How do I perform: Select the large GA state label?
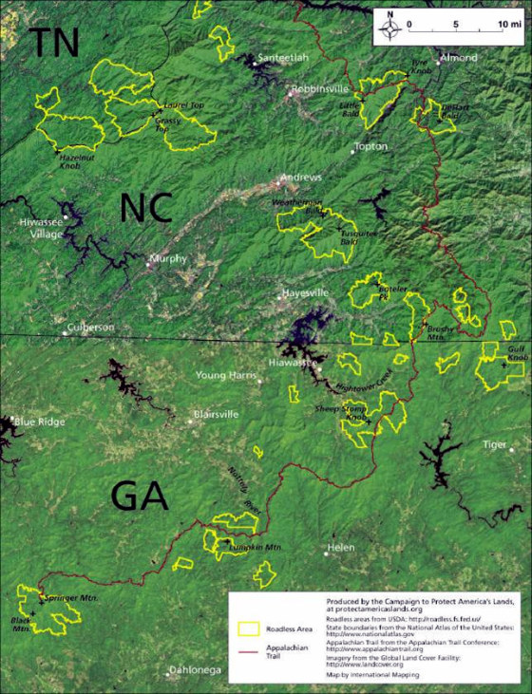[139, 495]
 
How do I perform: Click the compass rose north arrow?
[389, 27]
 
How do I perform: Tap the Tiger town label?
[495, 444]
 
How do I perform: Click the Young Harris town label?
[226, 375]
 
